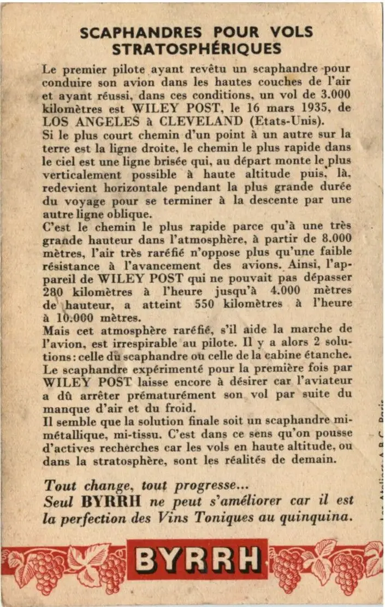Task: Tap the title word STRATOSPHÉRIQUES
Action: [197, 49]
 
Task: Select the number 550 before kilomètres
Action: [204, 304]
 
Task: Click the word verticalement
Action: [82, 174]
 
